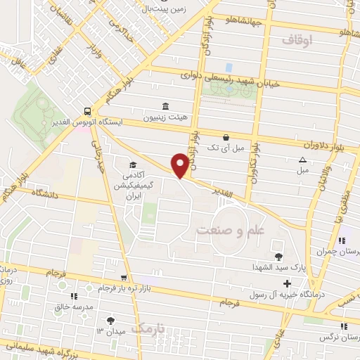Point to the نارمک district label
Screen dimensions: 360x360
(x=151, y=328)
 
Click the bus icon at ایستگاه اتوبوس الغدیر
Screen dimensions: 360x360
(x=86, y=111)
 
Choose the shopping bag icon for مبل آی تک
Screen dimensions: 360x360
(x=225, y=137)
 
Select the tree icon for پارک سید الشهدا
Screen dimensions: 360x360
(x=278, y=257)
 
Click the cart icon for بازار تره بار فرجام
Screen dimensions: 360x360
(x=124, y=278)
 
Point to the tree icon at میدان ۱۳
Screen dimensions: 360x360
(x=110, y=320)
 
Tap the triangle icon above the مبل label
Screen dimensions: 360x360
(x=302, y=160)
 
